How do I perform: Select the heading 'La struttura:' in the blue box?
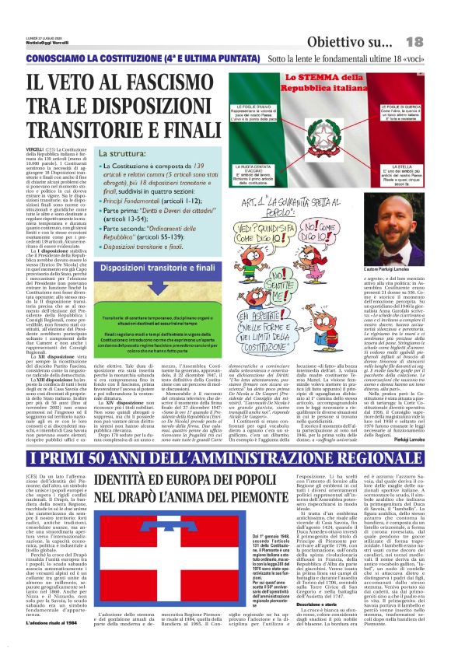coord(118,154)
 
